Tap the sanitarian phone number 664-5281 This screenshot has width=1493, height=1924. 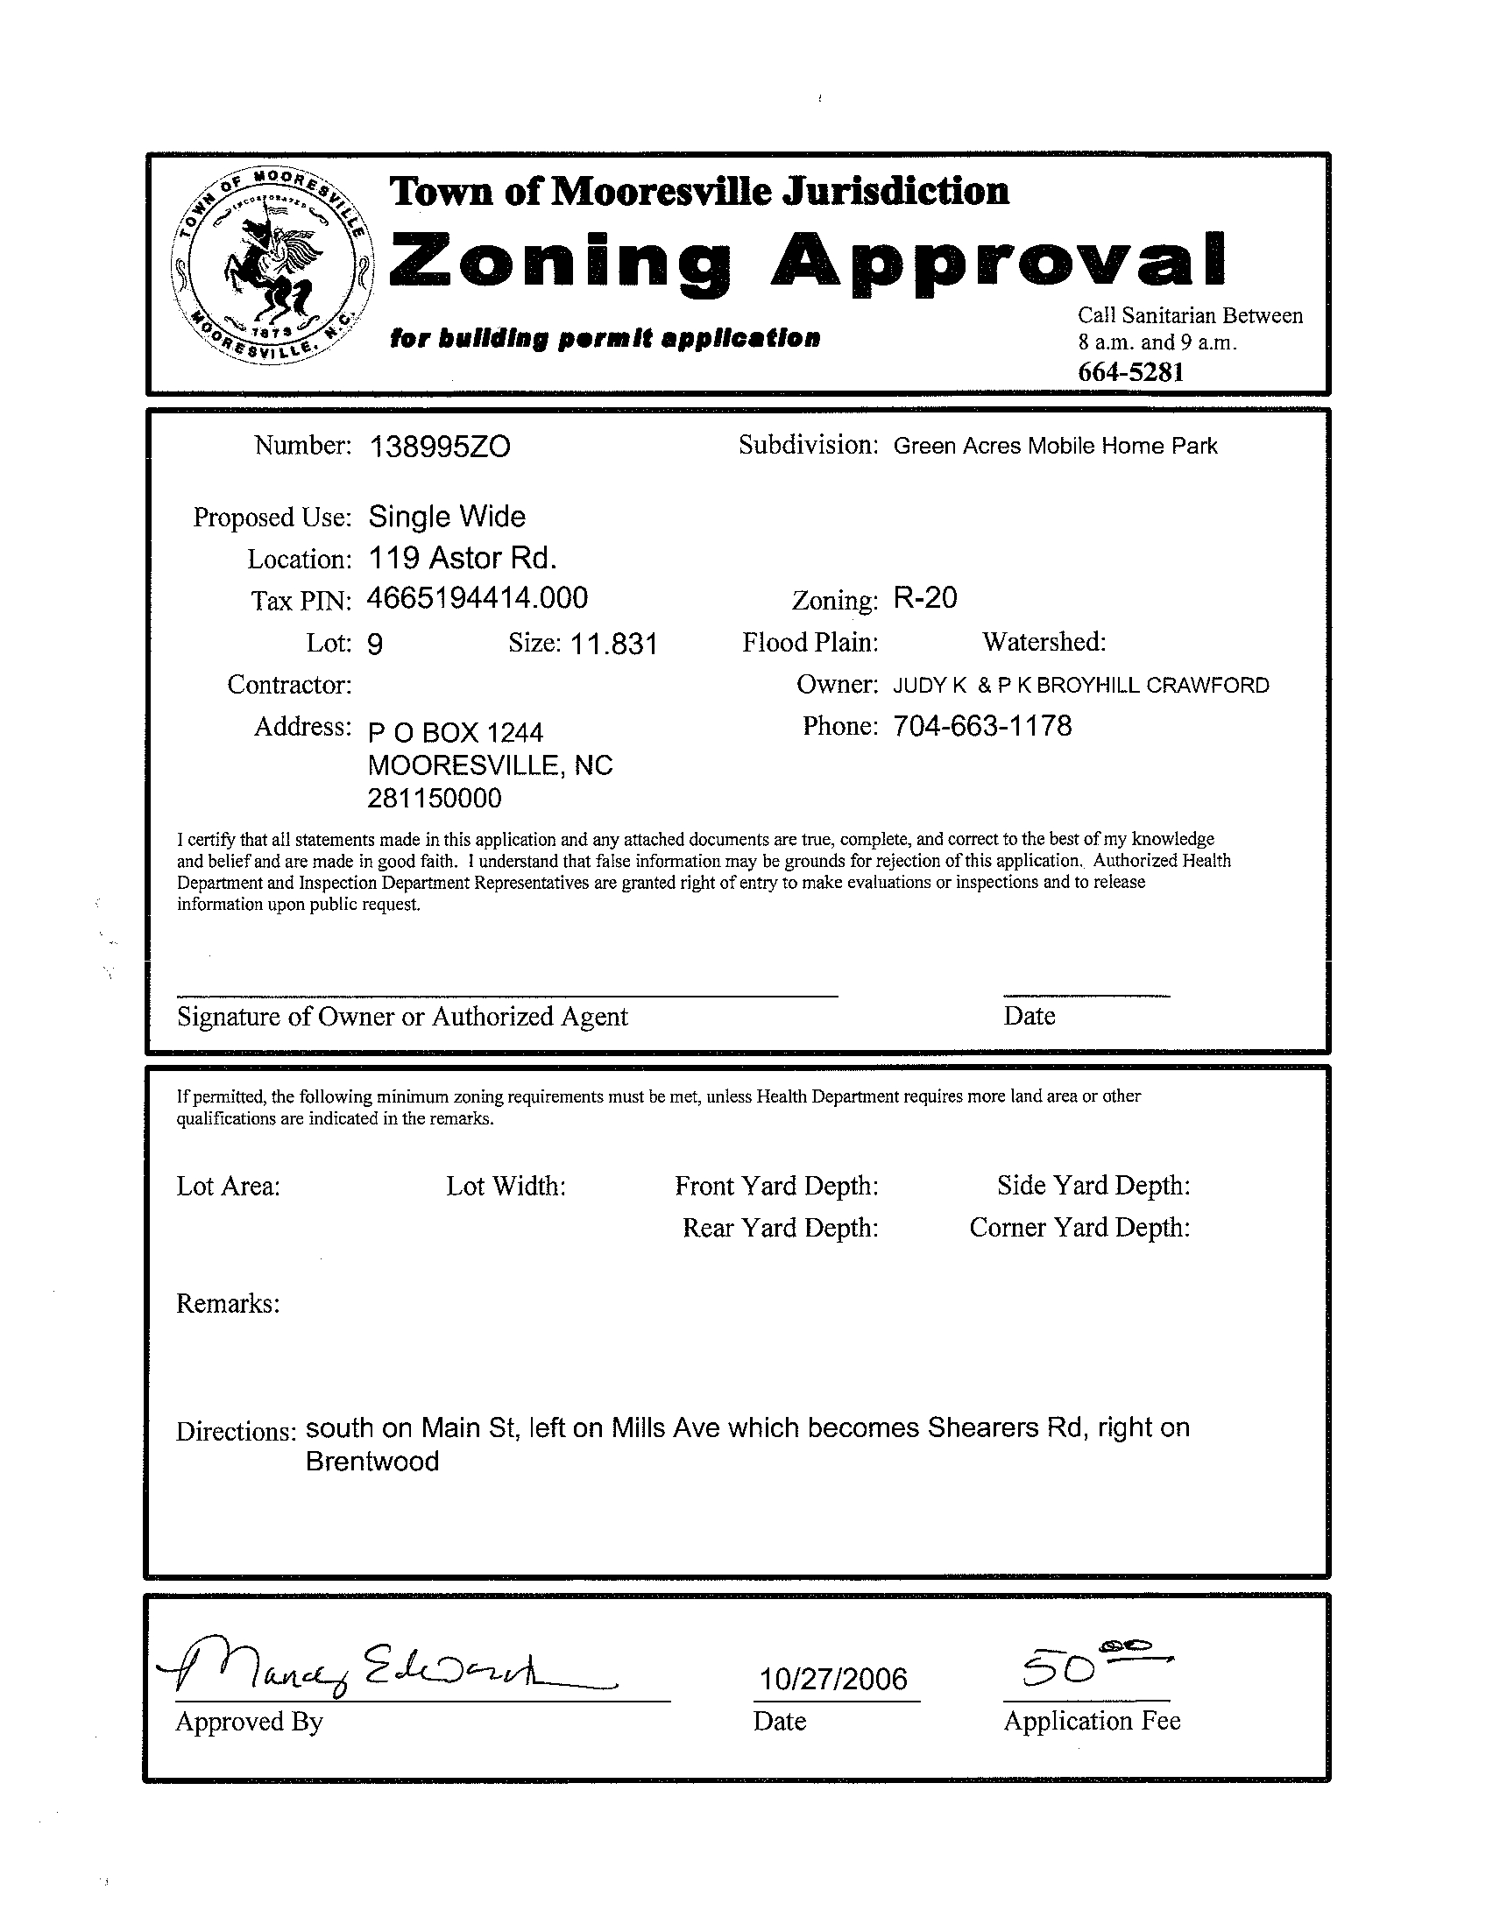tap(1131, 372)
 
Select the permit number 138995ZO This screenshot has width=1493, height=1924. tap(439, 448)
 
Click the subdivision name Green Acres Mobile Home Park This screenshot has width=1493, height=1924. tap(1055, 446)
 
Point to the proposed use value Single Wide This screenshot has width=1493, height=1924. tap(447, 517)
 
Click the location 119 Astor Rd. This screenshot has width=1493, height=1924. tap(462, 558)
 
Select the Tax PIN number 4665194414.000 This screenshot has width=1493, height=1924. tap(477, 599)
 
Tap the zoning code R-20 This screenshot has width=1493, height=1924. tap(924, 599)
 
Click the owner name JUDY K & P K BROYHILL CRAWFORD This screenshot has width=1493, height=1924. tap(1080, 686)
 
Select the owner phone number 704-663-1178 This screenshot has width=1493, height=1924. tap(982, 726)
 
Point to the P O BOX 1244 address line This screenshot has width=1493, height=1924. tap(455, 732)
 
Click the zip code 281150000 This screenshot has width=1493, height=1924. tap(435, 798)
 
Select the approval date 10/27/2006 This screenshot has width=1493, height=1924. tap(833, 1679)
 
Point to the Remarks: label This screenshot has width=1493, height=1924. tap(229, 1303)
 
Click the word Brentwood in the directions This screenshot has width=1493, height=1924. tap(371, 1462)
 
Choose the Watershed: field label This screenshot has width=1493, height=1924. tap(1044, 642)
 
